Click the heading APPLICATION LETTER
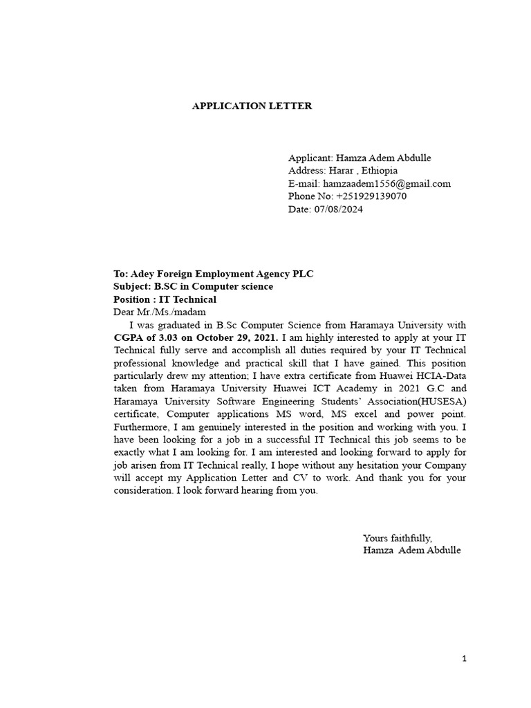coord(252,106)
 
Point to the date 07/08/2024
coord(338,209)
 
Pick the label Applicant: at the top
coord(310,158)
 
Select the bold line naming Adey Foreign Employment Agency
coord(213,274)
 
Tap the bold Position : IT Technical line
coord(165,299)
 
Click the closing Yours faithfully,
coord(397,537)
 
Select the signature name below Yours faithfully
coord(411,550)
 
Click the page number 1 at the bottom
coord(465,659)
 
